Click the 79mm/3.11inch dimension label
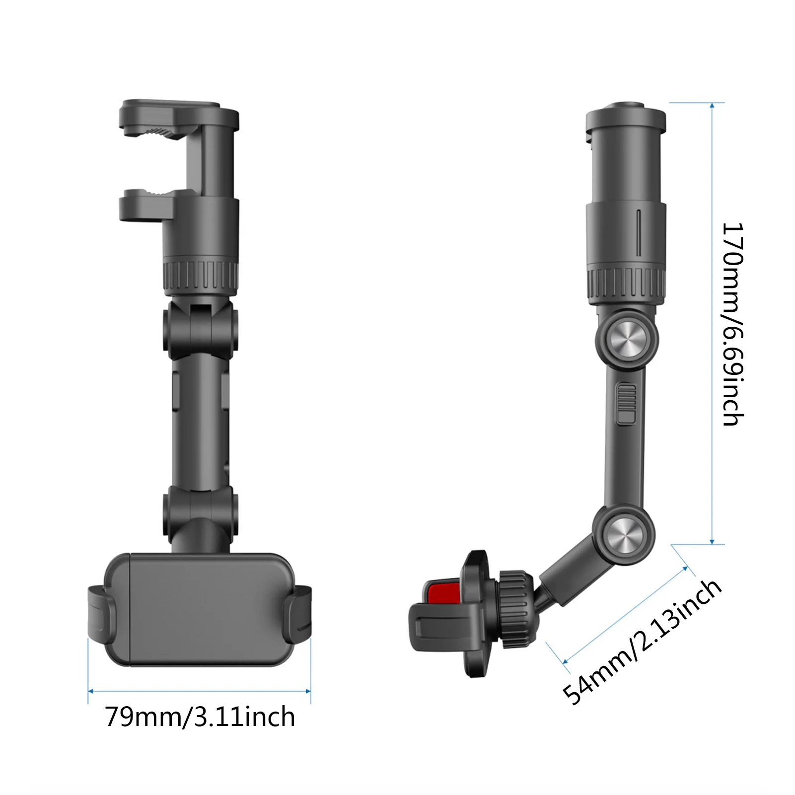(x=200, y=717)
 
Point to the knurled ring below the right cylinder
(x=626, y=287)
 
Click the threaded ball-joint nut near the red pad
(x=516, y=608)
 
